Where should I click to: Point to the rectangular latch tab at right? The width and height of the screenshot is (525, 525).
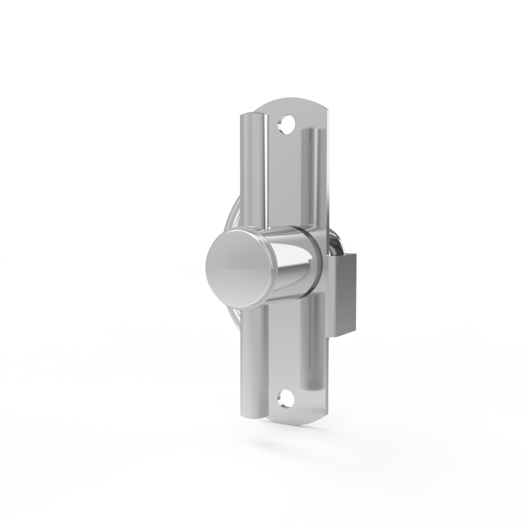coord(345,294)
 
